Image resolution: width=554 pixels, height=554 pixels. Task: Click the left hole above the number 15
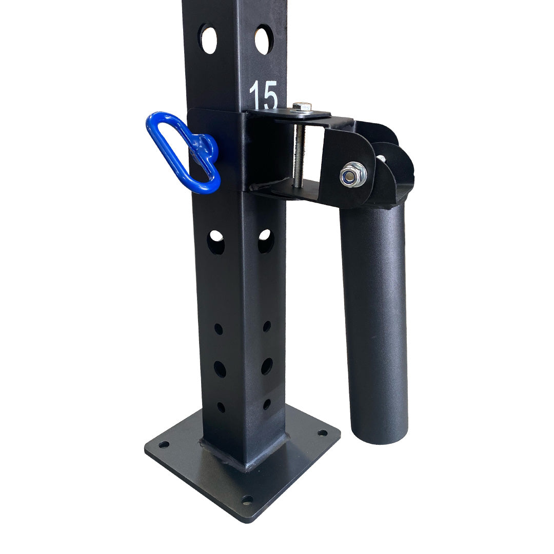tap(208, 38)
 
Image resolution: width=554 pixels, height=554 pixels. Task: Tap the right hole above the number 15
tap(264, 39)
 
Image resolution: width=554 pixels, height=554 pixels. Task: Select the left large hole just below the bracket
tap(216, 243)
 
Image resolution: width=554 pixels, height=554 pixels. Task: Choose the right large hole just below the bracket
tap(266, 241)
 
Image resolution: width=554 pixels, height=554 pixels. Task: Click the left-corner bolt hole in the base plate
tap(164, 444)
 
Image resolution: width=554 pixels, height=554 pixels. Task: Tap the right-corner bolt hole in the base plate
tap(322, 433)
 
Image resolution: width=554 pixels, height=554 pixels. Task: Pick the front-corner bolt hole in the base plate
tap(247, 499)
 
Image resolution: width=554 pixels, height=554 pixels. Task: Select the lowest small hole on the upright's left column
tap(221, 407)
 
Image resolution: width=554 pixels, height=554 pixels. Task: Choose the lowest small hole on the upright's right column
tap(267, 404)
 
